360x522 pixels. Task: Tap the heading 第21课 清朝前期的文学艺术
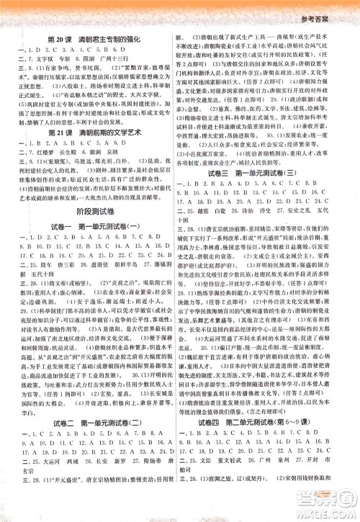click(x=91, y=175)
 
